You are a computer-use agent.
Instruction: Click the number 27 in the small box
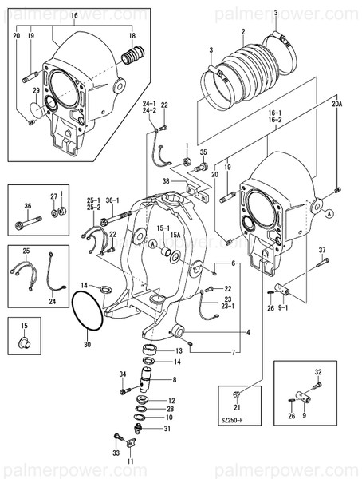coord(54,196)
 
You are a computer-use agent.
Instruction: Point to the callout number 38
coord(166,181)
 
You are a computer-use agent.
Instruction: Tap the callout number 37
coord(322,251)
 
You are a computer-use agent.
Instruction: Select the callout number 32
coord(317,372)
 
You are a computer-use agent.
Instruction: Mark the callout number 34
coord(123,374)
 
